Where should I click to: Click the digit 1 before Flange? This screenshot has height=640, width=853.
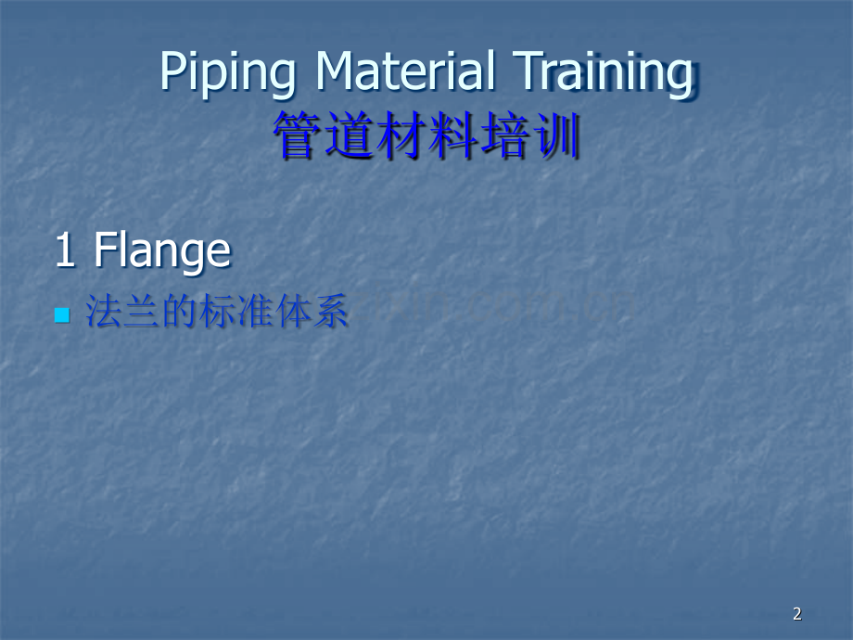point(65,250)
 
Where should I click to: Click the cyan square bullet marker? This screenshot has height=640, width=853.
point(62,315)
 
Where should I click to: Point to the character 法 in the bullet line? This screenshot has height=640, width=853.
point(102,313)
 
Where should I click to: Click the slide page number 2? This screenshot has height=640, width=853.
point(797,613)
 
